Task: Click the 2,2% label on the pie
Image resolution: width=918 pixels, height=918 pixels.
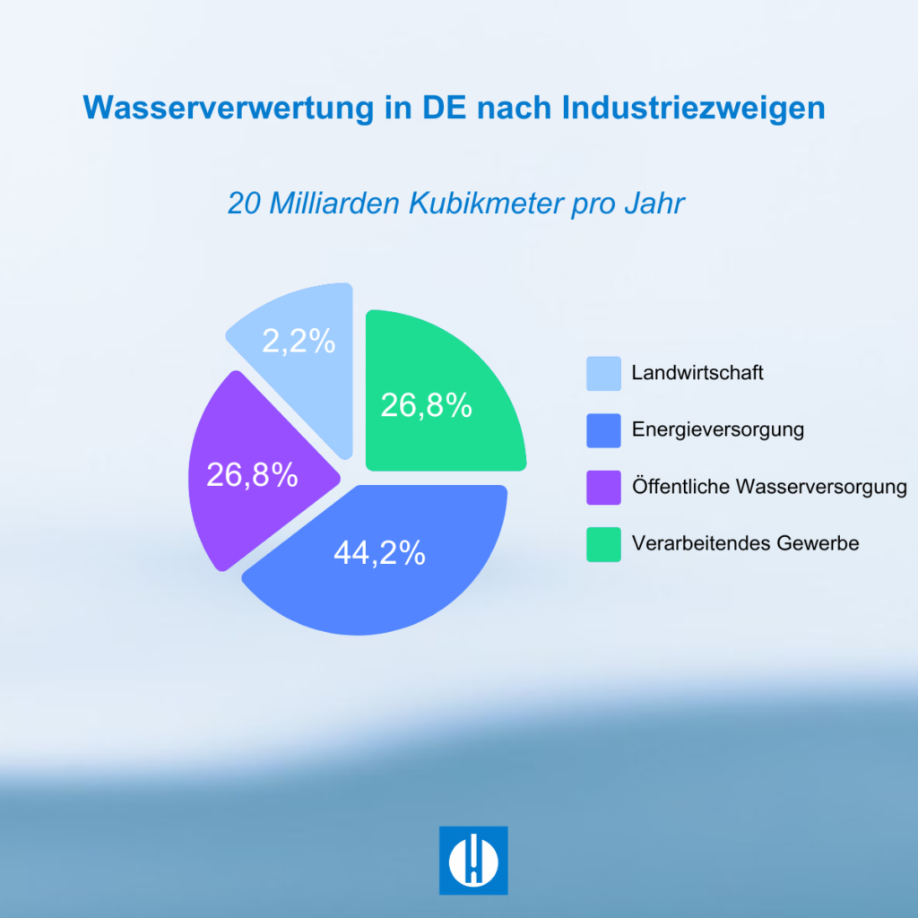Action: point(299,341)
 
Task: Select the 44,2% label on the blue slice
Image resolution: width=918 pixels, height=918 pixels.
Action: point(379,553)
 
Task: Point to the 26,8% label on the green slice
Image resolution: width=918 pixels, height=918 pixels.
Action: point(427,405)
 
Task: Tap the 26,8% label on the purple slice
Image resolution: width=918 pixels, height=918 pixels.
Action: point(252,475)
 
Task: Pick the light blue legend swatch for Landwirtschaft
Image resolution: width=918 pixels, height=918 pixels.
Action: point(603,374)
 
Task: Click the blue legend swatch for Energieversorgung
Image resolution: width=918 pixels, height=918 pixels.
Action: point(603,430)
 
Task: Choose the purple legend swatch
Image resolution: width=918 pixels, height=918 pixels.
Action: point(603,488)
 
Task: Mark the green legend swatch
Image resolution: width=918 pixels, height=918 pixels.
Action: point(603,544)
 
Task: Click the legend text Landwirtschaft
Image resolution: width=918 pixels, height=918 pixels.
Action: point(697,373)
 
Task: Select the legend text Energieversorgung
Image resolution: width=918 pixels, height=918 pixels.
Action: point(717,429)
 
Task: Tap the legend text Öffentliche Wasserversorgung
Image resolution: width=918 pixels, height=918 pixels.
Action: point(769,487)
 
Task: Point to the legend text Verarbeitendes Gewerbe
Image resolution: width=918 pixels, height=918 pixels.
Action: point(745,543)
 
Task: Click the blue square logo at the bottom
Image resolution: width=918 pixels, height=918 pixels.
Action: point(473,860)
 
